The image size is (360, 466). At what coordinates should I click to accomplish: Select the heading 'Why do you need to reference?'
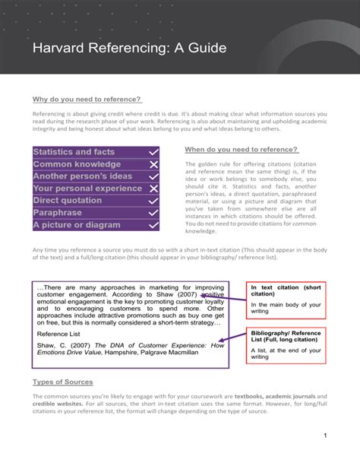[87, 99]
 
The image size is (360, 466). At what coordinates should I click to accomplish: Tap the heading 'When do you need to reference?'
[242, 150]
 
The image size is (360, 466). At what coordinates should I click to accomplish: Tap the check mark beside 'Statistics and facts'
[153, 152]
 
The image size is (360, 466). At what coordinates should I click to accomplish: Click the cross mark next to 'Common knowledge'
[153, 164]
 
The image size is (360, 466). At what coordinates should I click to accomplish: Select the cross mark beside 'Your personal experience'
[153, 189]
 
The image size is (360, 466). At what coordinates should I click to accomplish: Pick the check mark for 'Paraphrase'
[153, 213]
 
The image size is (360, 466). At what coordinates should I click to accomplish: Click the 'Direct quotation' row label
[68, 201]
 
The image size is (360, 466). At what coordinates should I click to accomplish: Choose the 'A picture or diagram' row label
[77, 225]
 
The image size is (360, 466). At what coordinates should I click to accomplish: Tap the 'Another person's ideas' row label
[83, 176]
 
